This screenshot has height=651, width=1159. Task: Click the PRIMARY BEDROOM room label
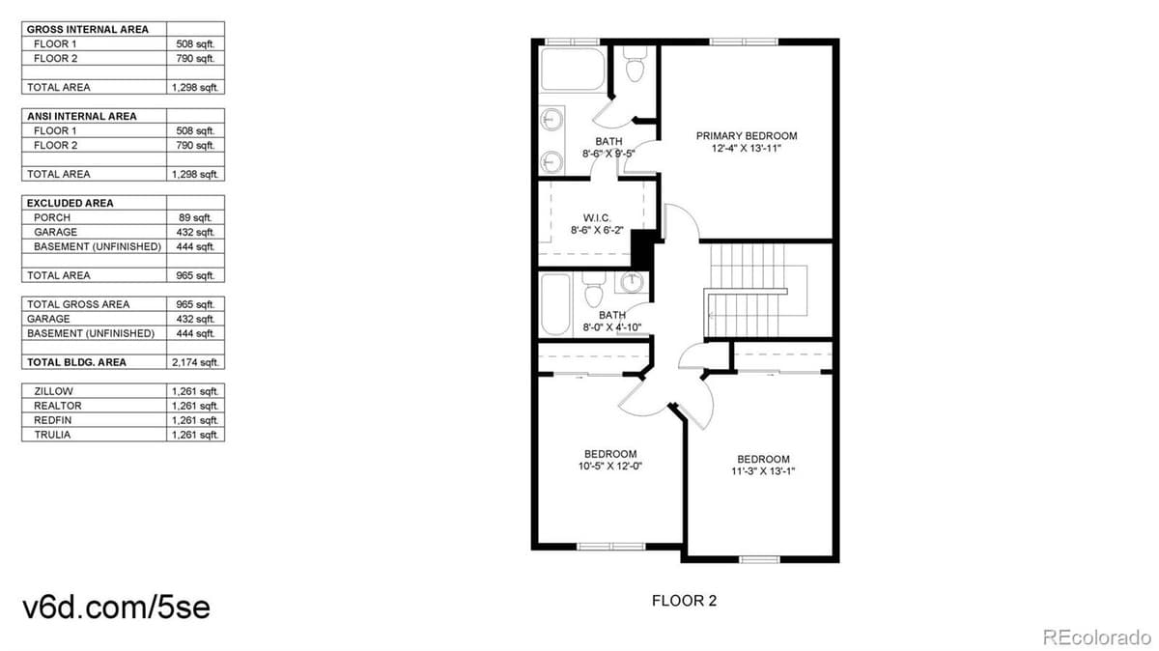click(x=747, y=136)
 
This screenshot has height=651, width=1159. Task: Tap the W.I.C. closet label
click(x=597, y=217)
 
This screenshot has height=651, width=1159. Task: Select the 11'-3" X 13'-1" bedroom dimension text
click(x=763, y=471)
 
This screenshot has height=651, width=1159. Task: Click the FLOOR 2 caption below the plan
click(x=684, y=601)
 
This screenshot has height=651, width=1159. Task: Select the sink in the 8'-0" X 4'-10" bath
click(x=631, y=283)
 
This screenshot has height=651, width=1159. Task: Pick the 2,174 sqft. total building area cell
click(x=195, y=362)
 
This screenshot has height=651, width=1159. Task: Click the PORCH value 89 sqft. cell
click(x=195, y=217)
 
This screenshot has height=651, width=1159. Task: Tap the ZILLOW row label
click(x=53, y=391)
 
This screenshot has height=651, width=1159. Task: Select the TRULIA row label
click(x=52, y=435)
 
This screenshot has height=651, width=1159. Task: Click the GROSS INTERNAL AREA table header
click(x=87, y=29)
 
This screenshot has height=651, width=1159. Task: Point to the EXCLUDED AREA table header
click(x=70, y=203)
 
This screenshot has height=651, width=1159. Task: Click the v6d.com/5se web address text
click(x=116, y=607)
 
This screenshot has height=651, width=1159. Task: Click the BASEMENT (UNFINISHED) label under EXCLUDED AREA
click(x=97, y=246)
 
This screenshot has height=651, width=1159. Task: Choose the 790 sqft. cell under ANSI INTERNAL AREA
click(x=195, y=145)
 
